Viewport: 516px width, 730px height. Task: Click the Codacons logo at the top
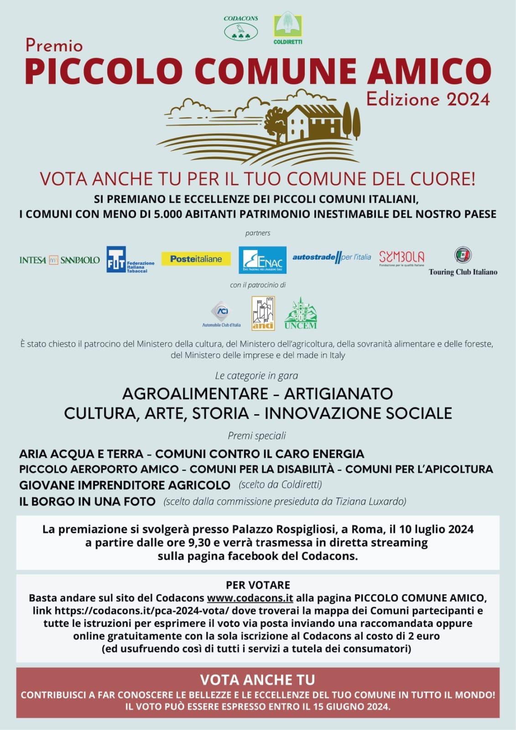[x=240, y=28]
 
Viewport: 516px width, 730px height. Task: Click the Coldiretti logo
[x=287, y=28]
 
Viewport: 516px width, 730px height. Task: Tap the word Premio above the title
[x=54, y=45]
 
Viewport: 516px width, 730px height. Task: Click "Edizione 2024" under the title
[x=427, y=99]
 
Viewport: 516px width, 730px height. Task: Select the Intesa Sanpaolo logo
[x=59, y=260]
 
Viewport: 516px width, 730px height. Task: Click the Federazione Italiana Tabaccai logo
[x=130, y=260]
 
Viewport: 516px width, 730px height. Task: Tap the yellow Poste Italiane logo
[x=196, y=259]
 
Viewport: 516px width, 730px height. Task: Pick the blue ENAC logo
[x=262, y=260]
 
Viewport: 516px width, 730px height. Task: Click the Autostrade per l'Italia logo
[x=332, y=257]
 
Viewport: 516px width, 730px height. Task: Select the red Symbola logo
[x=401, y=258]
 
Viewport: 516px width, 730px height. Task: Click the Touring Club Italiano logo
[x=463, y=262]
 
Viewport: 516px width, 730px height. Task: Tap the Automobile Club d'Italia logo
[x=221, y=314]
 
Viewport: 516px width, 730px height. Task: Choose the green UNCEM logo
[x=300, y=313]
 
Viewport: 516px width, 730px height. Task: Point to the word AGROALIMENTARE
[x=195, y=393]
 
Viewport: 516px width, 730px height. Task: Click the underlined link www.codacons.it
[x=250, y=598]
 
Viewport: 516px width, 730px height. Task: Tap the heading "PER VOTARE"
[x=258, y=585]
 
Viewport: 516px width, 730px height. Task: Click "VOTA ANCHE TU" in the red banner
[x=257, y=680]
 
